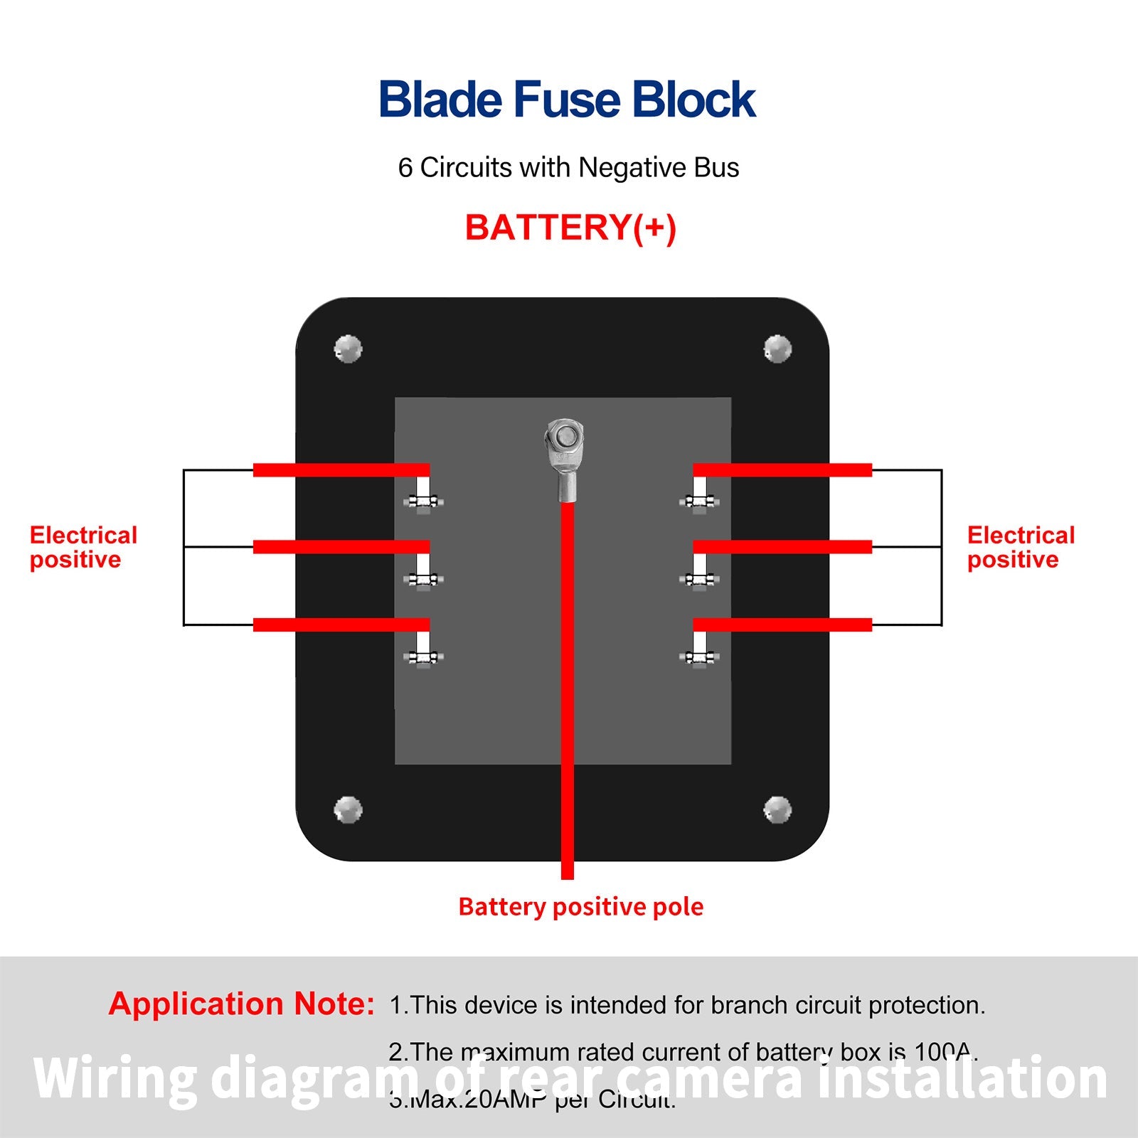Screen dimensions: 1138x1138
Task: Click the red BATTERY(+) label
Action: (570, 228)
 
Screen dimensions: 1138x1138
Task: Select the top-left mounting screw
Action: (348, 349)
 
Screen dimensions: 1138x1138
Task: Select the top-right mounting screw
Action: (777, 349)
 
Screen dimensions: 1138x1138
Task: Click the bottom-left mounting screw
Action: (348, 809)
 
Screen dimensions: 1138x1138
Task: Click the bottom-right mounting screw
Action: (777, 809)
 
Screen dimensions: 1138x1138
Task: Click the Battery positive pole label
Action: (580, 907)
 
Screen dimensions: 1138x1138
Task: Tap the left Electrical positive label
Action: (83, 547)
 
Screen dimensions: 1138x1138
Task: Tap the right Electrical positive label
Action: (1020, 547)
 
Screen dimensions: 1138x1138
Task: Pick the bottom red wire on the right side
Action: (782, 624)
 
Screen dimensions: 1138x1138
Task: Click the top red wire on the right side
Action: (782, 470)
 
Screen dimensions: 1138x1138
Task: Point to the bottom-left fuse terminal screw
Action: (423, 658)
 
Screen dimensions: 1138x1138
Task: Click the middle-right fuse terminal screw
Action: (699, 580)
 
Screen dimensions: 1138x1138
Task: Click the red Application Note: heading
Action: (241, 1004)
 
